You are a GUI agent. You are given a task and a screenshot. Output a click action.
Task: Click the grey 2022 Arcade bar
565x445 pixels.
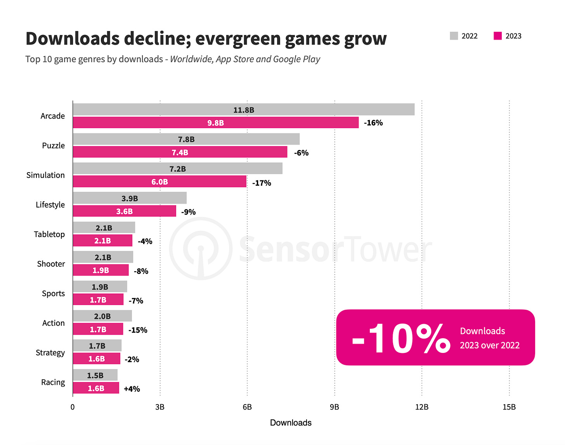pos(244,110)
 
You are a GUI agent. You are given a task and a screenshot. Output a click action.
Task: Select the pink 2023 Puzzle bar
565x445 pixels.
pos(180,152)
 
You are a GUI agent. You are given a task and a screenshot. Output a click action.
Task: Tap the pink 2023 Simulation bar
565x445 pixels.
pos(159,182)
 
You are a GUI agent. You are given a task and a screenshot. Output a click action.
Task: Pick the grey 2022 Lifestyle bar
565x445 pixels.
pos(130,198)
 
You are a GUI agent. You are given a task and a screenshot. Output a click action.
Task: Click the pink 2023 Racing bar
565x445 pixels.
pos(96,388)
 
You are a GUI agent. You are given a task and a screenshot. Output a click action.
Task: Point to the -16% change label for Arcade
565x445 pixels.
pos(373,123)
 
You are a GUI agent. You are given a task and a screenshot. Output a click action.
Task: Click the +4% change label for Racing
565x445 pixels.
pos(132,389)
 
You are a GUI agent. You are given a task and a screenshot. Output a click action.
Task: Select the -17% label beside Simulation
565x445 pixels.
pos(262,183)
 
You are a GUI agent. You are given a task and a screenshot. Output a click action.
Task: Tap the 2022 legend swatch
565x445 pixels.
pos(454,36)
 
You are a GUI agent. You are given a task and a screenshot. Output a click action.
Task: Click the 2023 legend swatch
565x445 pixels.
pos(497,36)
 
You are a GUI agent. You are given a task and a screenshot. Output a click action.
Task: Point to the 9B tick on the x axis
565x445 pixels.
pos(334,407)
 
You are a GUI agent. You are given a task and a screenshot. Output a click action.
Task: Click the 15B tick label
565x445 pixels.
pos(509,407)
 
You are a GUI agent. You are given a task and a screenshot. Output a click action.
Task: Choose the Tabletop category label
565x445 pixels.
pos(49,234)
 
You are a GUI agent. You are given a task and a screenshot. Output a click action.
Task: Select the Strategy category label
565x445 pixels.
pos(50,353)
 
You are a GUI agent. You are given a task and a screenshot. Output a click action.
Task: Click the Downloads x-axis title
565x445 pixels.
pos(291,423)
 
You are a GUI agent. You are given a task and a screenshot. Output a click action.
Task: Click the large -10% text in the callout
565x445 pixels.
pos(401,338)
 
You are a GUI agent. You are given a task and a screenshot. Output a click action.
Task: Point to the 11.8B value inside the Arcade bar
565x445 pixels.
pos(244,110)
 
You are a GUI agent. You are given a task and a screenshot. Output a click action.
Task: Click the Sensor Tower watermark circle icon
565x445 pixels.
pos(201,249)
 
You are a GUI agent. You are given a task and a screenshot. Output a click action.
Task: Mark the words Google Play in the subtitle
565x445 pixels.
pos(296,59)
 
